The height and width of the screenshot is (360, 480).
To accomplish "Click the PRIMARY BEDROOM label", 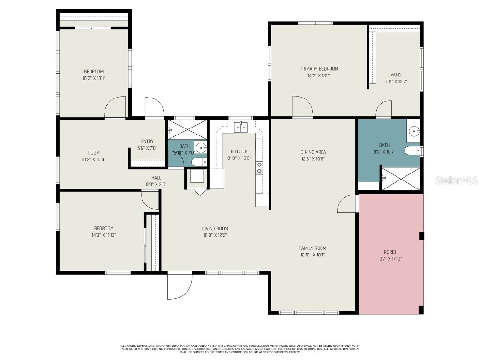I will click(x=319, y=69).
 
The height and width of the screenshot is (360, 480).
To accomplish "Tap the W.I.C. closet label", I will click(x=396, y=75).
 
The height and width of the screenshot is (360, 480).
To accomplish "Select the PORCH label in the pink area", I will click(x=390, y=252).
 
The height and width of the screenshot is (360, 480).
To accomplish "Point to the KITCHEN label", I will click(x=239, y=151).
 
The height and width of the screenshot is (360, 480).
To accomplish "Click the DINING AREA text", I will click(x=313, y=152).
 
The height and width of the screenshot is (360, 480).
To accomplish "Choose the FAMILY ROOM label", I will click(x=313, y=248).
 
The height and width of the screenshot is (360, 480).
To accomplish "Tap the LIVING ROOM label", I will click(x=215, y=229).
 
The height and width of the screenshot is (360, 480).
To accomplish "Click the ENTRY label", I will click(x=147, y=142).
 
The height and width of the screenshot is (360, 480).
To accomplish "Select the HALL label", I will click(x=156, y=178).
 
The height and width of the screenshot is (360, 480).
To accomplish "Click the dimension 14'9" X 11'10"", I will click(x=104, y=235).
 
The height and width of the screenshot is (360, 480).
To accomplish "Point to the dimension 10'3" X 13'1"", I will click(x=94, y=78).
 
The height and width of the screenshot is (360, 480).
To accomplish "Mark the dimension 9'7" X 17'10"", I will click(x=390, y=259).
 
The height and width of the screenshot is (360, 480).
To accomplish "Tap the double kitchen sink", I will click(x=241, y=127).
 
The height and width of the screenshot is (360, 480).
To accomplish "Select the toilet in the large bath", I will click(x=412, y=151).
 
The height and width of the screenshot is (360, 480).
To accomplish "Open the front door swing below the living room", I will click(x=179, y=286).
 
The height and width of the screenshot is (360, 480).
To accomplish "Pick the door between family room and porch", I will click(x=348, y=204).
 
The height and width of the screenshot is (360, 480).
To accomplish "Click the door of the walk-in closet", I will click(x=384, y=109).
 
